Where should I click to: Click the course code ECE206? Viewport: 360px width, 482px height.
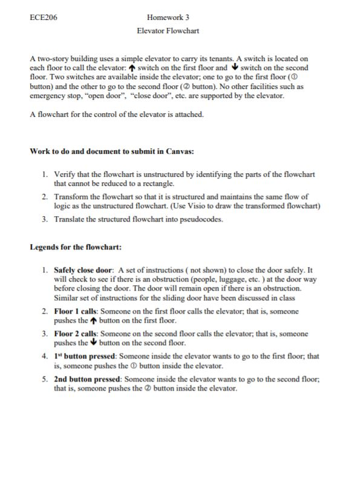click(43, 18)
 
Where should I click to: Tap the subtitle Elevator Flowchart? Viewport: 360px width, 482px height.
click(168, 30)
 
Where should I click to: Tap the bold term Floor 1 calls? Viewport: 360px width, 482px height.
click(75, 311)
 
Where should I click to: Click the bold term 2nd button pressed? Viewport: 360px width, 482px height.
click(87, 379)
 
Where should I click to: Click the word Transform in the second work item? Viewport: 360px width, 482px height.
click(73, 197)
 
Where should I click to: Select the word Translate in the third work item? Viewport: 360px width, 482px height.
click(70, 219)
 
